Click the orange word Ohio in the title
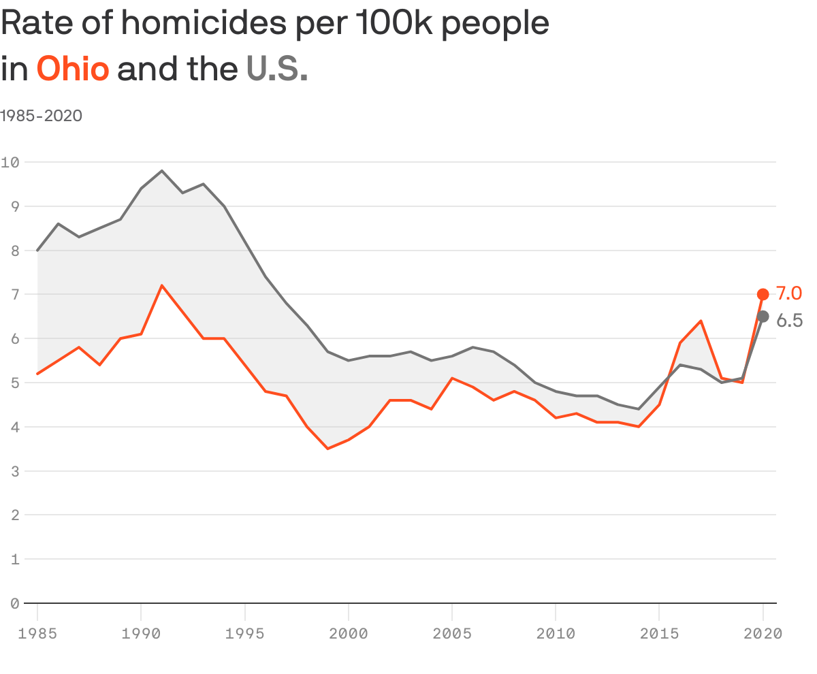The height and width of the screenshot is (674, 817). tap(72, 69)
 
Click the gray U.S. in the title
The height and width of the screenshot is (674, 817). tap(276, 69)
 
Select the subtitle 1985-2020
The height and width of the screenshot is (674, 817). tap(41, 116)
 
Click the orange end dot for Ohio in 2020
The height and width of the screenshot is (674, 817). tap(763, 294)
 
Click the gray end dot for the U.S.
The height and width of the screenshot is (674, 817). tap(763, 317)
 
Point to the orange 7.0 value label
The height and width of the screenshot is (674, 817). tap(788, 293)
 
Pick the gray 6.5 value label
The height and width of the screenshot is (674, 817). tap(789, 321)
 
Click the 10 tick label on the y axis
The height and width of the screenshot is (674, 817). tap(10, 162)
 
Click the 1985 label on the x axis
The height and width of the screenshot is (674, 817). tap(37, 634)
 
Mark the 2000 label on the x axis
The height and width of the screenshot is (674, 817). tap(348, 634)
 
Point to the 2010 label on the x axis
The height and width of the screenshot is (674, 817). tap(556, 634)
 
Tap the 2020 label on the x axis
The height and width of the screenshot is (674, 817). tap(763, 634)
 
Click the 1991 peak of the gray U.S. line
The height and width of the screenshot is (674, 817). tap(161, 171)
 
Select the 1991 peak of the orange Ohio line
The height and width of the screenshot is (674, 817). tap(161, 285)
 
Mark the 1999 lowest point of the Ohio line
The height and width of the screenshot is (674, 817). tap(327, 449)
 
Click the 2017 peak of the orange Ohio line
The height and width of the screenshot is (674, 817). tap(701, 321)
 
